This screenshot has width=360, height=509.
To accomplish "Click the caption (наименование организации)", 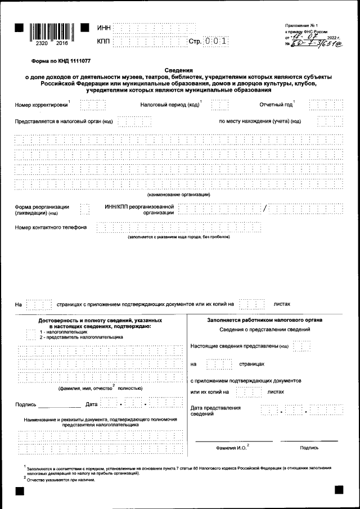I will click(179, 194).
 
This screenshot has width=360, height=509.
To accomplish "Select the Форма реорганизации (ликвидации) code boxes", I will click(84, 209).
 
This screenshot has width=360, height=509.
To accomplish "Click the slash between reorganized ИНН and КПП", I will click(265, 209).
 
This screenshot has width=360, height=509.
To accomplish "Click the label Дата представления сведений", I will click(215, 411).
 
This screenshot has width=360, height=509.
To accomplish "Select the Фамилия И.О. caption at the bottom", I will click(232, 448).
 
